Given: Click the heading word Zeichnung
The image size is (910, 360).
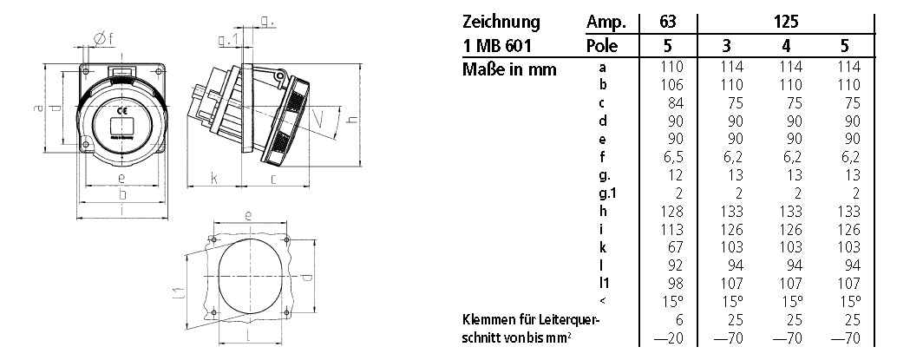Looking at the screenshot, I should (501, 22).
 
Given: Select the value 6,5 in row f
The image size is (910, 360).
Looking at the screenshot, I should (673, 158).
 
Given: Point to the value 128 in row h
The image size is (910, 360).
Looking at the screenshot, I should (671, 213).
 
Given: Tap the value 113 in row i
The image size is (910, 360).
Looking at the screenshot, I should (671, 231).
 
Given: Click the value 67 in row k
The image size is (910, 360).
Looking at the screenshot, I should (674, 249).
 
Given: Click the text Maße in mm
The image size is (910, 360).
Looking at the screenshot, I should (509, 68).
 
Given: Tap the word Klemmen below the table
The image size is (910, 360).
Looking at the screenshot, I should (491, 321).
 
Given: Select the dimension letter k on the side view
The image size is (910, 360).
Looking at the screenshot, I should (213, 180).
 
